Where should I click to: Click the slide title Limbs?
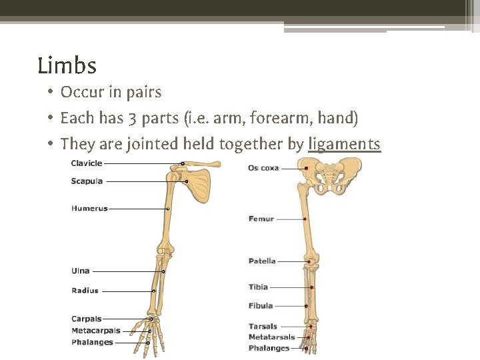67,66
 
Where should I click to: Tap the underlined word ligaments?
344,143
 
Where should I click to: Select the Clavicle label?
87,163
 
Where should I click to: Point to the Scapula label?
87,181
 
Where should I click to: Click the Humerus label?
89,209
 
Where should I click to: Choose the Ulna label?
80,271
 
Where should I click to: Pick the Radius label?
85,291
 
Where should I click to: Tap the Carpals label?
86,319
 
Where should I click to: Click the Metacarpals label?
95,331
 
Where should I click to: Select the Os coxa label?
263,168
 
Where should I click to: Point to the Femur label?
261,219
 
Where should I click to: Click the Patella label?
262,261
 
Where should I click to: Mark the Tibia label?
258,287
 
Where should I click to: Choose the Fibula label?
261,306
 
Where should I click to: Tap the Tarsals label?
263,327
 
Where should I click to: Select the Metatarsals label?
271,337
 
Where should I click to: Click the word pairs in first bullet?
146,92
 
